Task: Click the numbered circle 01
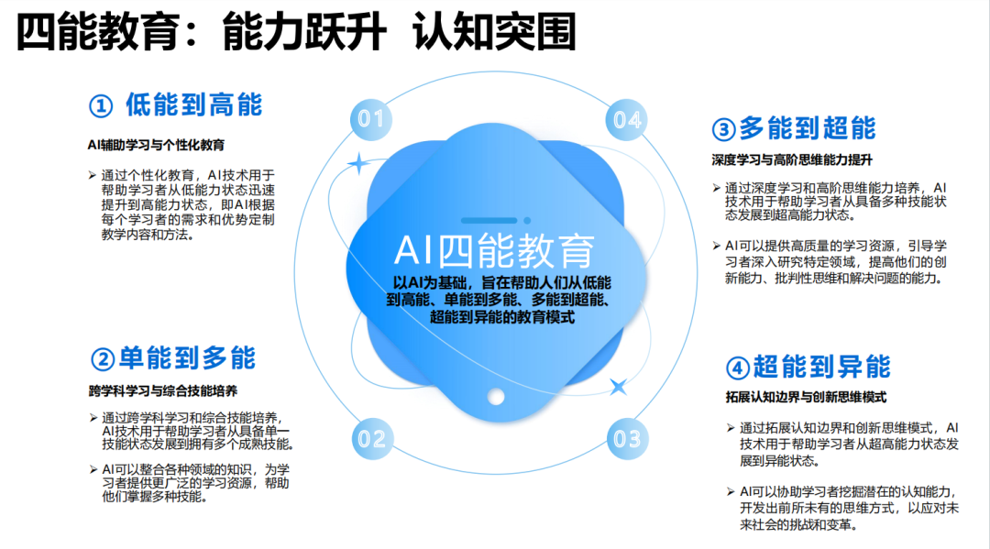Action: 370,119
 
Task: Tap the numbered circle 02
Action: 371,438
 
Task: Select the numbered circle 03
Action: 627,438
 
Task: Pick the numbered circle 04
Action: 627,119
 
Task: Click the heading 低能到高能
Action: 193,104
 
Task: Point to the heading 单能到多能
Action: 188,357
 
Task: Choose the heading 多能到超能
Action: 808,128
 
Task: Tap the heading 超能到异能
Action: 821,368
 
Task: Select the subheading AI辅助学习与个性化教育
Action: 156,144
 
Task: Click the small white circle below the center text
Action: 496,397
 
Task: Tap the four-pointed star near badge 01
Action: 357,164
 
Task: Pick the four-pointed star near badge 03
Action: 619,387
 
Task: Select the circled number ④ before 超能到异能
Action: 737,368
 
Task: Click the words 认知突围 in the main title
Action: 494,34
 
